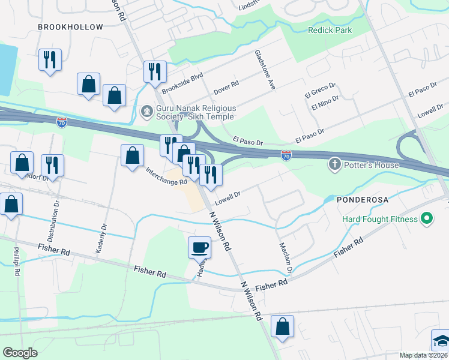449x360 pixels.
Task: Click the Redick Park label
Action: (330, 30)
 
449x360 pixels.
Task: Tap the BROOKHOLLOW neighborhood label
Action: (70, 26)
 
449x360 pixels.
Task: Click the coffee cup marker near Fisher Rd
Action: (199, 247)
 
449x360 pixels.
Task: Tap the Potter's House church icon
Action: (334, 164)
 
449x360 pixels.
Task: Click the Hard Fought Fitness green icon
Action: (427, 219)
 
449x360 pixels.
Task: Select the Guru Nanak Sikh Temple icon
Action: (146, 111)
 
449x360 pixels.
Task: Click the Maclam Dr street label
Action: (285, 257)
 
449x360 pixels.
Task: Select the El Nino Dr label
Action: (325, 103)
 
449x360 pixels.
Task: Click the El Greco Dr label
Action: (320, 88)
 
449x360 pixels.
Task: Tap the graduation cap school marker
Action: (441, 340)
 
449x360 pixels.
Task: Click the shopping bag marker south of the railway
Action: (282, 326)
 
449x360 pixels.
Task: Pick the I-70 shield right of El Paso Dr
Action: (286, 155)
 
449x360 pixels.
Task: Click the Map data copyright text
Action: (423, 355)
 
